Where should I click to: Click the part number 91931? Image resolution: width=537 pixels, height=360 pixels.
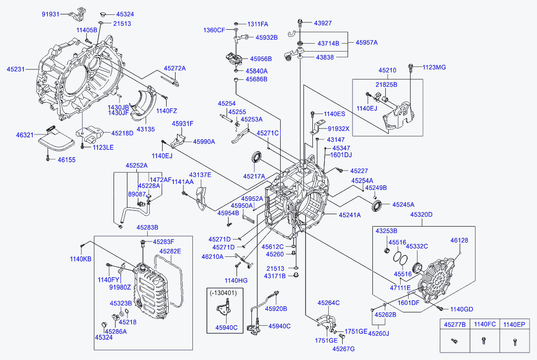51,14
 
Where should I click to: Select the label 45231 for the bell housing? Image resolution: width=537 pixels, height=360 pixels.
15,69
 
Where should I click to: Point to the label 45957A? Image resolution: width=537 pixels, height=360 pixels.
366,43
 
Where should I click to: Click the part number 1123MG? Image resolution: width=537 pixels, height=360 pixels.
434,67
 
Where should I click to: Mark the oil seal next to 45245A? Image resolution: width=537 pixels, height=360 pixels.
377,207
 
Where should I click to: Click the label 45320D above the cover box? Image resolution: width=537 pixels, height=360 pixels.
421,215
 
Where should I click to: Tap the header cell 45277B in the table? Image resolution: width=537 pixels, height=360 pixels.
455,324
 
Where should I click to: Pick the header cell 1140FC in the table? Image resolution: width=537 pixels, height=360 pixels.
484,324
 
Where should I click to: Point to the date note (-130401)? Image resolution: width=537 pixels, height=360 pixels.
223,293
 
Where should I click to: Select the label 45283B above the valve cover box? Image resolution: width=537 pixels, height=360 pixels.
147,228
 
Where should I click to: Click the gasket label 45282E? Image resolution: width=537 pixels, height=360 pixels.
170,251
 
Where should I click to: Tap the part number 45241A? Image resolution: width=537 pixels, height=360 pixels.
350,215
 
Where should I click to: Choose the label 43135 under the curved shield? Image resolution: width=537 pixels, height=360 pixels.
146,129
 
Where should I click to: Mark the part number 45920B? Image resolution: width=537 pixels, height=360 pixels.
276,308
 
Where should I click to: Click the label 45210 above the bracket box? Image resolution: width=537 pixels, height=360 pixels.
387,70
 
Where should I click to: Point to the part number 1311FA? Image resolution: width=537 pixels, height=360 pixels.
257,24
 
